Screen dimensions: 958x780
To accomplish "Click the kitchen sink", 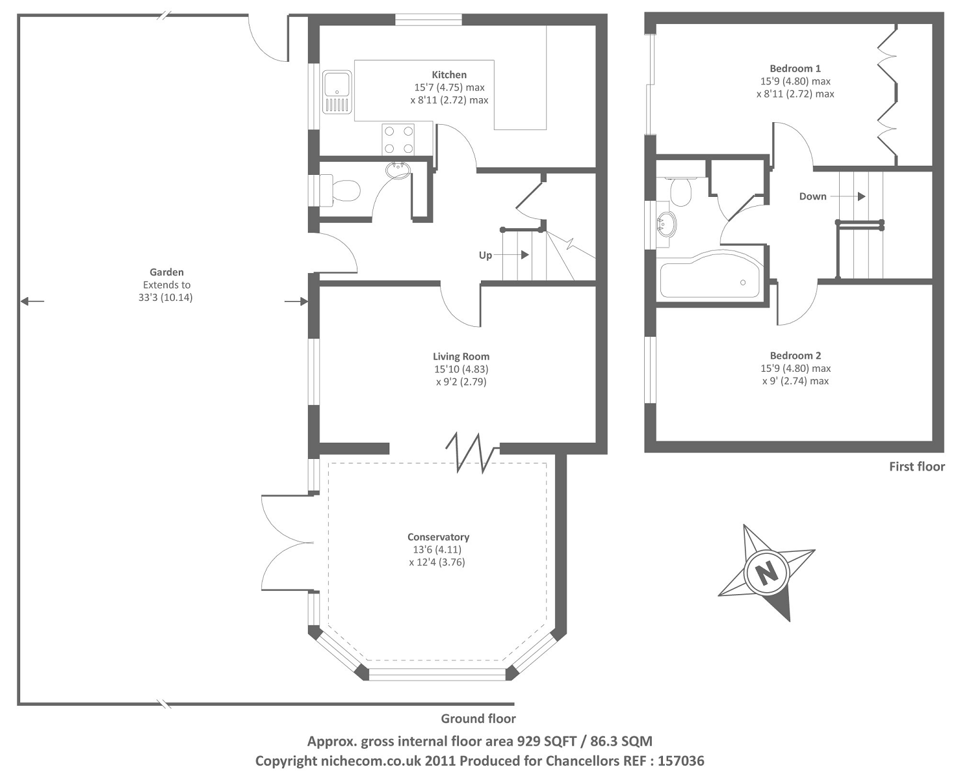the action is [337, 92].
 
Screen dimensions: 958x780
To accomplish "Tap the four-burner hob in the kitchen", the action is [398, 140].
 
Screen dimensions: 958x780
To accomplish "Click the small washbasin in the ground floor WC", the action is [398, 171].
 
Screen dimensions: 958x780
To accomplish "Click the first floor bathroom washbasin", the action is [666, 224].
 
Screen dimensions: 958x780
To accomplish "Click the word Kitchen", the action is [449, 75].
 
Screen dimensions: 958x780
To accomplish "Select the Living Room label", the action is [461, 356].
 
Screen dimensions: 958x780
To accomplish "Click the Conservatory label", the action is [438, 537].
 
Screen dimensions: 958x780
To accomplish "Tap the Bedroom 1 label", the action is [795, 68].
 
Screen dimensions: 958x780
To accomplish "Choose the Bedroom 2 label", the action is [795, 356].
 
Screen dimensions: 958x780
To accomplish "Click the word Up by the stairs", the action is [485, 255].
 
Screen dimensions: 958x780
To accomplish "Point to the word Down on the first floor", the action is [812, 196].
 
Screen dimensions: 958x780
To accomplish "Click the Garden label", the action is [166, 272].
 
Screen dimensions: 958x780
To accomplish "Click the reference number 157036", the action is [681, 760].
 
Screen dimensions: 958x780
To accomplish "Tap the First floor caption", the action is [916, 467].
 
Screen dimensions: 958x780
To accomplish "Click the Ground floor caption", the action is [478, 718].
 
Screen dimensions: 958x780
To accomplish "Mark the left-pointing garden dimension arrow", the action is [32, 301].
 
